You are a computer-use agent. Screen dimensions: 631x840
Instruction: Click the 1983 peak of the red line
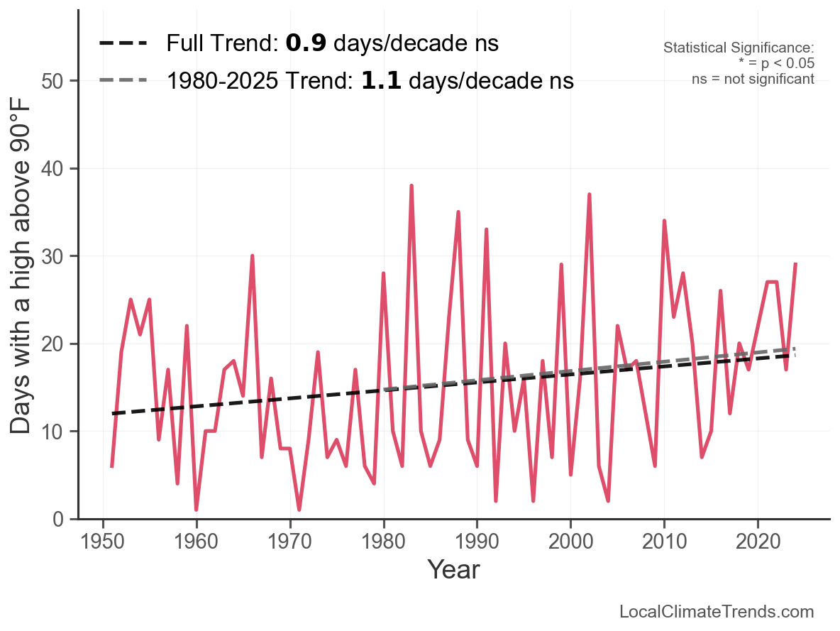tap(411, 186)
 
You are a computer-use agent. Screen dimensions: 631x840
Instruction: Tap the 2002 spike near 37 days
tap(589, 194)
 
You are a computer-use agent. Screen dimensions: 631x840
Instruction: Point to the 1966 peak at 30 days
tap(253, 256)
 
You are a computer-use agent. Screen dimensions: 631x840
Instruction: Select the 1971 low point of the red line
tap(299, 509)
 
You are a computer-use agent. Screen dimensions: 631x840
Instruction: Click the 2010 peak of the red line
tap(664, 221)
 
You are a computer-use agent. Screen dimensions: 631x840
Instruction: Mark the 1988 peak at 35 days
tap(458, 212)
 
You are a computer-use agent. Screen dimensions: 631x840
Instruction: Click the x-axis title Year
tap(453, 570)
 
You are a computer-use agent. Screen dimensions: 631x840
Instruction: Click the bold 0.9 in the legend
tap(306, 43)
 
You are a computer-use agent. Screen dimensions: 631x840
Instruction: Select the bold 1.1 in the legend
tap(381, 81)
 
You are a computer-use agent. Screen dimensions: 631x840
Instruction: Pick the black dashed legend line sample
tap(123, 43)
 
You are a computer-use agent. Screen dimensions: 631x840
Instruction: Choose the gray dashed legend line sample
tap(123, 80)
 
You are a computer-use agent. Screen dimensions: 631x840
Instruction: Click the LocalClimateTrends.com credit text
tap(717, 612)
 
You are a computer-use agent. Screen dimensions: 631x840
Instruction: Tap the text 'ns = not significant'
tap(753, 79)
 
